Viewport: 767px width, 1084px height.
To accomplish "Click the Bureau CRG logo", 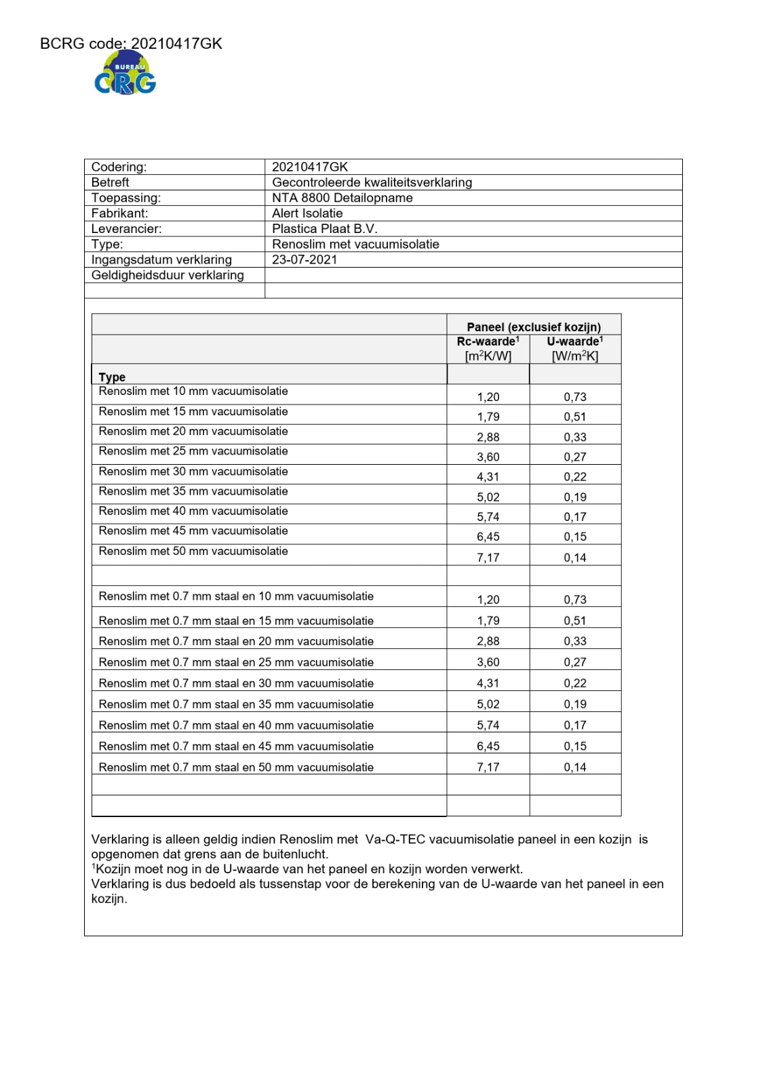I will pyautogui.click(x=125, y=75).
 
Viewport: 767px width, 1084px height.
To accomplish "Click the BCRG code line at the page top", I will pyautogui.click(x=131, y=44).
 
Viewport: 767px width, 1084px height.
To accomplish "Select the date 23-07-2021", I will pyautogui.click(x=304, y=259).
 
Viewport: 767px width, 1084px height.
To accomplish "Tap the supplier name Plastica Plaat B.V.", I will pyautogui.click(x=324, y=229).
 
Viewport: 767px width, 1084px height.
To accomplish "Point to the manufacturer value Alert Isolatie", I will pyautogui.click(x=307, y=213).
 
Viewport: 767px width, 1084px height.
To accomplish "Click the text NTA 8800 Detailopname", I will pyautogui.click(x=342, y=198).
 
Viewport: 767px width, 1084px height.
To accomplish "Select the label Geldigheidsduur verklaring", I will pyautogui.click(x=168, y=275).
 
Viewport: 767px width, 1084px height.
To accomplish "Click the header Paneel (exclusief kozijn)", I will pyautogui.click(x=534, y=327).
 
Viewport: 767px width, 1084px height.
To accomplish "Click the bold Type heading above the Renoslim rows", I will pyautogui.click(x=112, y=377).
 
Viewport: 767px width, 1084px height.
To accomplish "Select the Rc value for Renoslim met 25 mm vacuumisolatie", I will pyautogui.click(x=488, y=457).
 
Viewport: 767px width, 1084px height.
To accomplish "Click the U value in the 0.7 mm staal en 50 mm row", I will pyautogui.click(x=575, y=768).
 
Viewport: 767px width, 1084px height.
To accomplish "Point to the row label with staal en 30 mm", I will pyautogui.click(x=236, y=684).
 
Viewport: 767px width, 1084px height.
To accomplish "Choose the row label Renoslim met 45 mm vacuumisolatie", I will pyautogui.click(x=193, y=531).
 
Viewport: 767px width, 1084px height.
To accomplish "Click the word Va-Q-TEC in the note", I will pyautogui.click(x=395, y=840).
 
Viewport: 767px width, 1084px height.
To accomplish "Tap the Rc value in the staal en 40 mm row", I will pyautogui.click(x=488, y=726).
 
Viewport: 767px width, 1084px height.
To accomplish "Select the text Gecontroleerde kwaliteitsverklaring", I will pyautogui.click(x=372, y=182).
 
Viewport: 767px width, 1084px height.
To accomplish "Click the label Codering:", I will pyautogui.click(x=119, y=167).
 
